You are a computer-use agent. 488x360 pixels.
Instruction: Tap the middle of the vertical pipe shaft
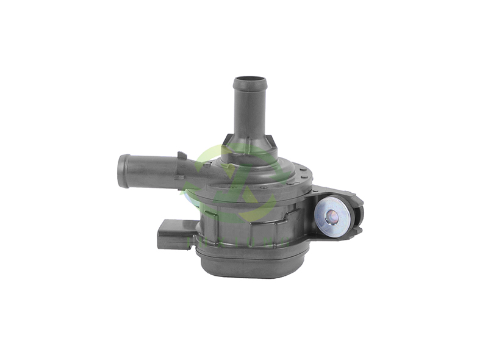[250, 113]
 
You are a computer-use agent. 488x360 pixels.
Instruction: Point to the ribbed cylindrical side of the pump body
[244, 226]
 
